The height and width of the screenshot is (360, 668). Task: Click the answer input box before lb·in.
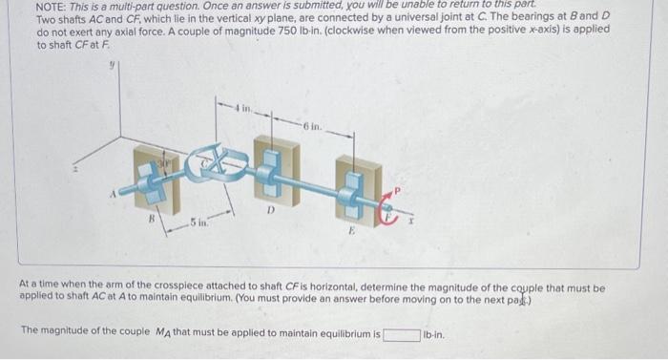tap(402, 334)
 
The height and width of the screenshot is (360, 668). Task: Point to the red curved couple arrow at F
tap(390, 208)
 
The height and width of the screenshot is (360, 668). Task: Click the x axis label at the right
tap(411, 221)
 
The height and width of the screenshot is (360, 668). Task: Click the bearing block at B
tap(154, 181)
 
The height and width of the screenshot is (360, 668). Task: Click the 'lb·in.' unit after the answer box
tap(435, 334)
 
